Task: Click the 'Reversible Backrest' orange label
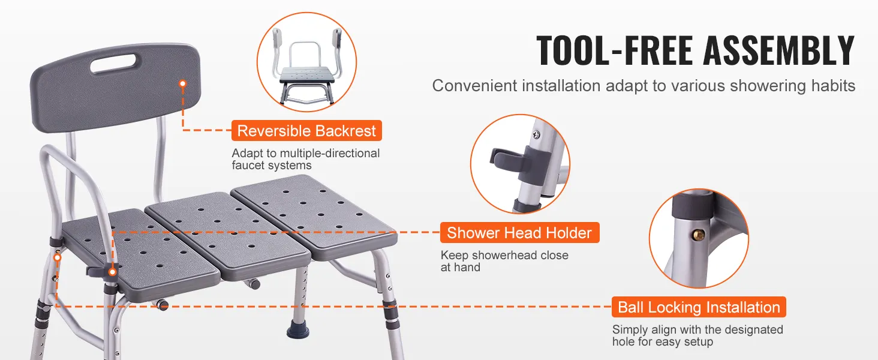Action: pyautogui.click(x=306, y=131)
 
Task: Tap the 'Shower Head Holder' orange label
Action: pyautogui.click(x=519, y=233)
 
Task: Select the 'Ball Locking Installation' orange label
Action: pyautogui.click(x=699, y=307)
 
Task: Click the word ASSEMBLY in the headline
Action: pyautogui.click(x=779, y=50)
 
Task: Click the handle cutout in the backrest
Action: pyautogui.click(x=113, y=64)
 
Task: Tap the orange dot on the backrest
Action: pyautogui.click(x=183, y=83)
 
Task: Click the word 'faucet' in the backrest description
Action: pyautogui.click(x=250, y=166)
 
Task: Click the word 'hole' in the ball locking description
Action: pyautogui.click(x=623, y=341)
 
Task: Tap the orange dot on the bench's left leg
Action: pyautogui.click(x=57, y=257)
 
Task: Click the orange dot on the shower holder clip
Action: pyautogui.click(x=113, y=272)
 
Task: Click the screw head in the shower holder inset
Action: pyautogui.click(x=536, y=135)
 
